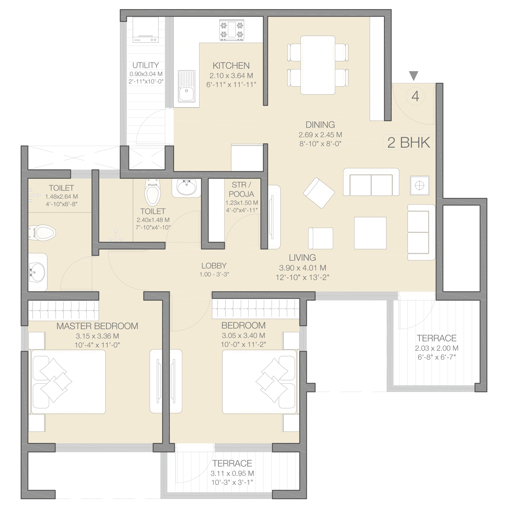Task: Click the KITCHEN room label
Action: click(x=231, y=65)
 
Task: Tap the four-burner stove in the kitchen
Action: click(x=232, y=30)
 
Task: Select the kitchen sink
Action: click(x=187, y=86)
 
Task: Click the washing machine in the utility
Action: click(x=146, y=30)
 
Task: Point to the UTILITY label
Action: click(x=146, y=65)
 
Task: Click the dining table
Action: click(x=318, y=65)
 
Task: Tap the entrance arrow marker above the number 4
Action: click(x=414, y=76)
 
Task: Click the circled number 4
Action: click(x=415, y=97)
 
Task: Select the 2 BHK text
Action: click(x=409, y=143)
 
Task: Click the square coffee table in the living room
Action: click(x=370, y=233)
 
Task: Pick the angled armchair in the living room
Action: click(x=319, y=193)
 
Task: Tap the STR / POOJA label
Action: click(x=241, y=189)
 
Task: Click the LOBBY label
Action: click(x=214, y=266)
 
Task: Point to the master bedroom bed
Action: click(x=68, y=382)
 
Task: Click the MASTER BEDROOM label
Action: click(x=97, y=326)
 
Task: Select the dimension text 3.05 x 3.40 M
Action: click(x=244, y=336)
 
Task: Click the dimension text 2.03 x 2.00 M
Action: click(x=437, y=348)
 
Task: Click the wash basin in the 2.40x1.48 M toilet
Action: click(x=186, y=187)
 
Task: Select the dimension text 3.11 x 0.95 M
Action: click(x=232, y=473)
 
